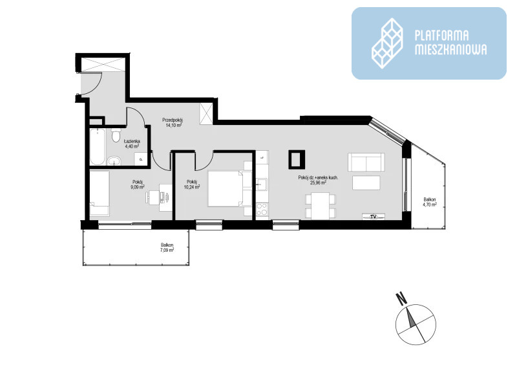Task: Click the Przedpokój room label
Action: tap(173, 120)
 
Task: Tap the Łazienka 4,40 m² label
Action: tap(132, 144)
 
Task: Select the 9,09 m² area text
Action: tap(138, 187)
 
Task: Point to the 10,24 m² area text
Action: tap(192, 187)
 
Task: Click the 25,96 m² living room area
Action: tap(318, 183)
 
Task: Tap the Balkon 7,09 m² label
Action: tap(167, 247)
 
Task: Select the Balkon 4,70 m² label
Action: tap(430, 202)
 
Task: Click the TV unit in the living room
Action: tap(374, 217)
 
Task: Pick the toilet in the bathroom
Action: tap(116, 135)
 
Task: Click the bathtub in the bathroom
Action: tap(98, 147)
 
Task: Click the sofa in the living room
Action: tap(366, 162)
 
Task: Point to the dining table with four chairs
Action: tap(321, 206)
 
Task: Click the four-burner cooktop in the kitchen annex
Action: tap(262, 209)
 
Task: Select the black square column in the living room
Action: tap(297, 159)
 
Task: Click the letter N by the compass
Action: tap(401, 299)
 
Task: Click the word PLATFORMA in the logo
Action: tap(441, 35)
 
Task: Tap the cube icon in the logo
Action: tap(387, 43)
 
